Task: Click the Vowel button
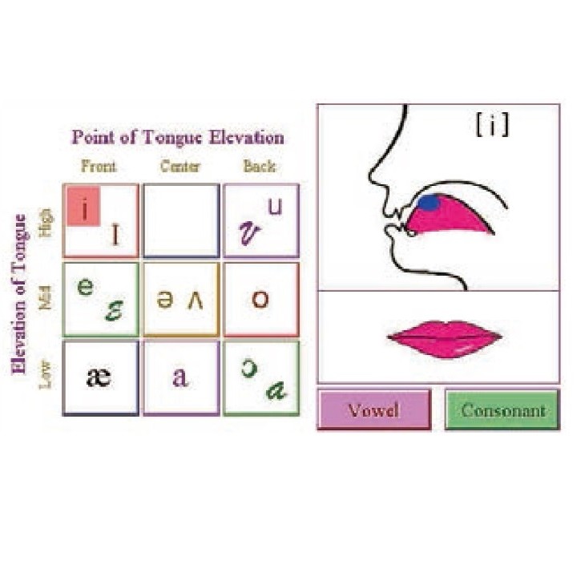(373, 410)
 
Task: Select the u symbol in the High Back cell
(275, 207)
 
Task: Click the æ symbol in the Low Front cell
(99, 377)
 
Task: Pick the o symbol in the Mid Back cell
(260, 300)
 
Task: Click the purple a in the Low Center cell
(180, 377)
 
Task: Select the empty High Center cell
(180, 220)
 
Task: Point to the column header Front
(99, 167)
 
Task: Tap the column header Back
(259, 167)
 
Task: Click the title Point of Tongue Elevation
(177, 137)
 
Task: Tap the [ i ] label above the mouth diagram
(491, 127)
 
